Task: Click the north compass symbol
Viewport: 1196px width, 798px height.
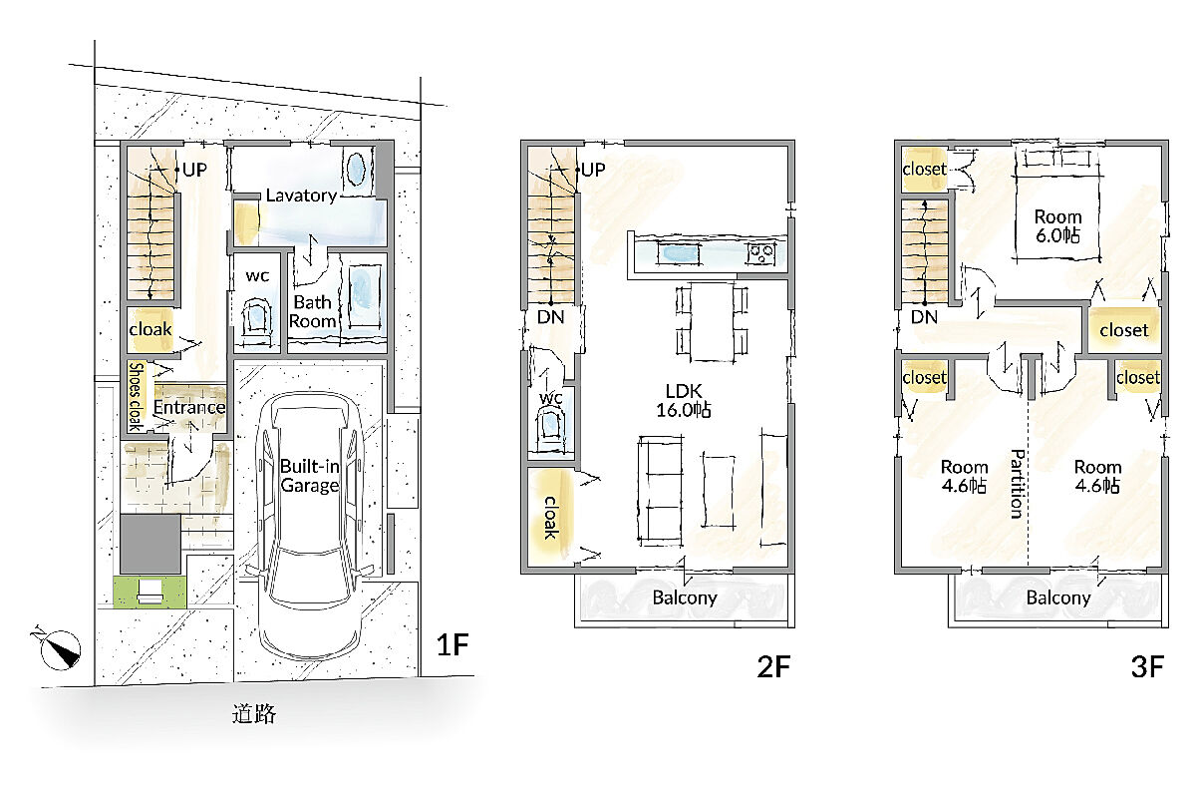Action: click(x=60, y=648)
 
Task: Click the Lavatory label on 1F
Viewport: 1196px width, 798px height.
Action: click(x=301, y=196)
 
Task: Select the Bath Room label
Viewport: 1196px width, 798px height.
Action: click(x=313, y=311)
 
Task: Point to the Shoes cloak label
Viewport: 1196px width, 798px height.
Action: click(x=137, y=397)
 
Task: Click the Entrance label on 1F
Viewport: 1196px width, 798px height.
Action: click(x=189, y=407)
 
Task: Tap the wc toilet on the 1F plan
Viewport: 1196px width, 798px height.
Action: click(x=257, y=317)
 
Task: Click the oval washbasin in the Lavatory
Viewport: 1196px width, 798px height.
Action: click(x=356, y=168)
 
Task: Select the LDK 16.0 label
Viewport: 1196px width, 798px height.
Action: click(x=684, y=400)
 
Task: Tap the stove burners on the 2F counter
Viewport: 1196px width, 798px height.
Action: click(x=761, y=252)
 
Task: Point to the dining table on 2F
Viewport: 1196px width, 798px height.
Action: click(x=712, y=321)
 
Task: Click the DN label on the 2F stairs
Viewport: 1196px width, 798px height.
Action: click(x=550, y=317)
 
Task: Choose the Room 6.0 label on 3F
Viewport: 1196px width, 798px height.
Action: click(x=1057, y=225)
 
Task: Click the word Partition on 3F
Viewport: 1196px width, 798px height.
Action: click(x=1019, y=484)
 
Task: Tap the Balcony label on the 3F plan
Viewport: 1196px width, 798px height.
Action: click(x=1058, y=598)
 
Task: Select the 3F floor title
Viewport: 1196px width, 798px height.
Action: click(x=1147, y=666)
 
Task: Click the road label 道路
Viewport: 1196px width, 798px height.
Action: click(x=254, y=713)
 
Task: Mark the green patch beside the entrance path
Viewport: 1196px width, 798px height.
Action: click(x=149, y=592)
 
